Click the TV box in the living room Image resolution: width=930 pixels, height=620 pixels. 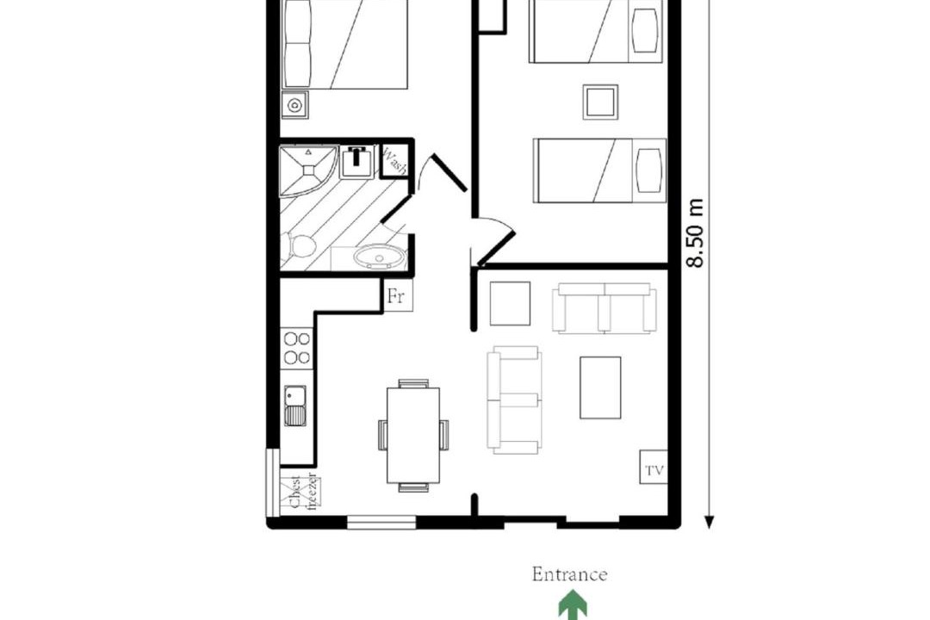point(654,467)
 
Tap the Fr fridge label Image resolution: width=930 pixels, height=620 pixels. point(396,294)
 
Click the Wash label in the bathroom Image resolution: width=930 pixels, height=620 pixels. point(394,161)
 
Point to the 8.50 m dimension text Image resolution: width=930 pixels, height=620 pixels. point(695,233)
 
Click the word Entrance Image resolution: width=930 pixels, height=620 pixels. point(569,574)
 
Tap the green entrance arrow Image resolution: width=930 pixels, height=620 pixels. point(573,605)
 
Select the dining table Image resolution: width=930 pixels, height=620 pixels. point(413,436)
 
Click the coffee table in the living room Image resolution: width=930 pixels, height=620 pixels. point(600,387)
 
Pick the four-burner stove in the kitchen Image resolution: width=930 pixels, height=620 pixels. point(296,348)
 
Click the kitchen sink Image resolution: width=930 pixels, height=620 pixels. point(294,406)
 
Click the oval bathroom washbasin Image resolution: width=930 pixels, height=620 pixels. point(380,257)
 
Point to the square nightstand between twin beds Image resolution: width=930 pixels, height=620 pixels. point(600,102)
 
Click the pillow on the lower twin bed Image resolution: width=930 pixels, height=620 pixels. point(648,170)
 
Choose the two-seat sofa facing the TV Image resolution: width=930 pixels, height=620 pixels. point(513,400)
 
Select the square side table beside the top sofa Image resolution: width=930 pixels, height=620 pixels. point(510,303)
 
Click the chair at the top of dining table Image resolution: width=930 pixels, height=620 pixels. point(413,383)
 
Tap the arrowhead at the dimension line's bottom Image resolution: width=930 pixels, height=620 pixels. point(709,522)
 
